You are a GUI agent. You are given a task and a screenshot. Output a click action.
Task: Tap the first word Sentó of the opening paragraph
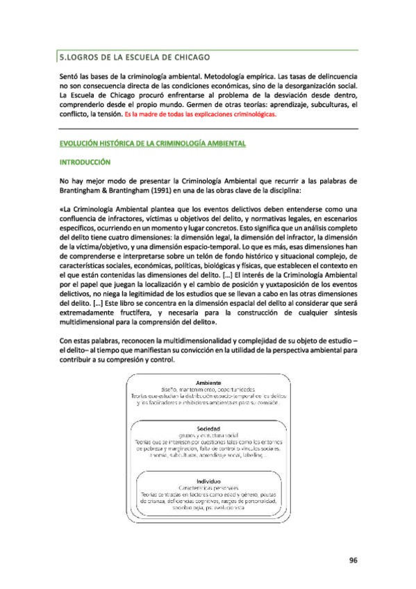click(x=70, y=74)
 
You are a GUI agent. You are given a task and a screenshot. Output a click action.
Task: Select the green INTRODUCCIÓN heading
click(x=85, y=163)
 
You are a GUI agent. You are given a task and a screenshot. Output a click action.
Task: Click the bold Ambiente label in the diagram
click(x=208, y=383)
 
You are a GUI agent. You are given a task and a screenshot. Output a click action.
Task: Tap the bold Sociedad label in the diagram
click(x=208, y=429)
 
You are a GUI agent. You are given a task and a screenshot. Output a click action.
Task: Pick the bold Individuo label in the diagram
click(x=208, y=480)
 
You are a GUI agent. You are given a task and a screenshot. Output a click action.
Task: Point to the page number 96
click(x=353, y=561)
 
